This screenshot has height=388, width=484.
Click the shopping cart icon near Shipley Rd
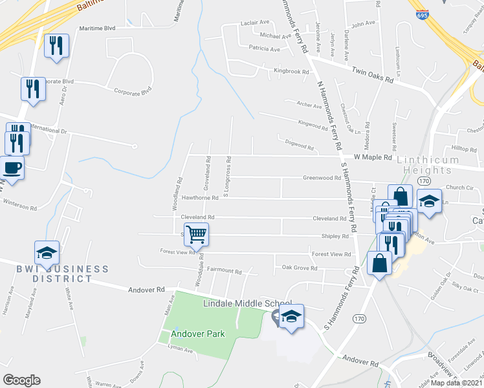point(196,234)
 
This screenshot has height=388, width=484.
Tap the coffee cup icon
point(12,168)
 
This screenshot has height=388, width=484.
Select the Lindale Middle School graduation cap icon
point(291,317)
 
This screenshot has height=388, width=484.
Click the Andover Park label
point(197,334)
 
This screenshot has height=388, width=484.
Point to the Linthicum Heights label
point(433,164)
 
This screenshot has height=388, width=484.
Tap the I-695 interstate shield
point(423,13)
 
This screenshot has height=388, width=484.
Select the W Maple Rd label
point(373,157)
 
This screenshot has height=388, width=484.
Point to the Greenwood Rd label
point(322,178)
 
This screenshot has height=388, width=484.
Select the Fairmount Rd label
point(224,272)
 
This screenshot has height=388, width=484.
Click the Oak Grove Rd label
point(298,267)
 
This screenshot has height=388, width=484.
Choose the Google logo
point(21,380)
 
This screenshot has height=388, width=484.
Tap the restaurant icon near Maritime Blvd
point(56,45)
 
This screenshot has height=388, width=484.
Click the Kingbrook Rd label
point(291,71)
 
